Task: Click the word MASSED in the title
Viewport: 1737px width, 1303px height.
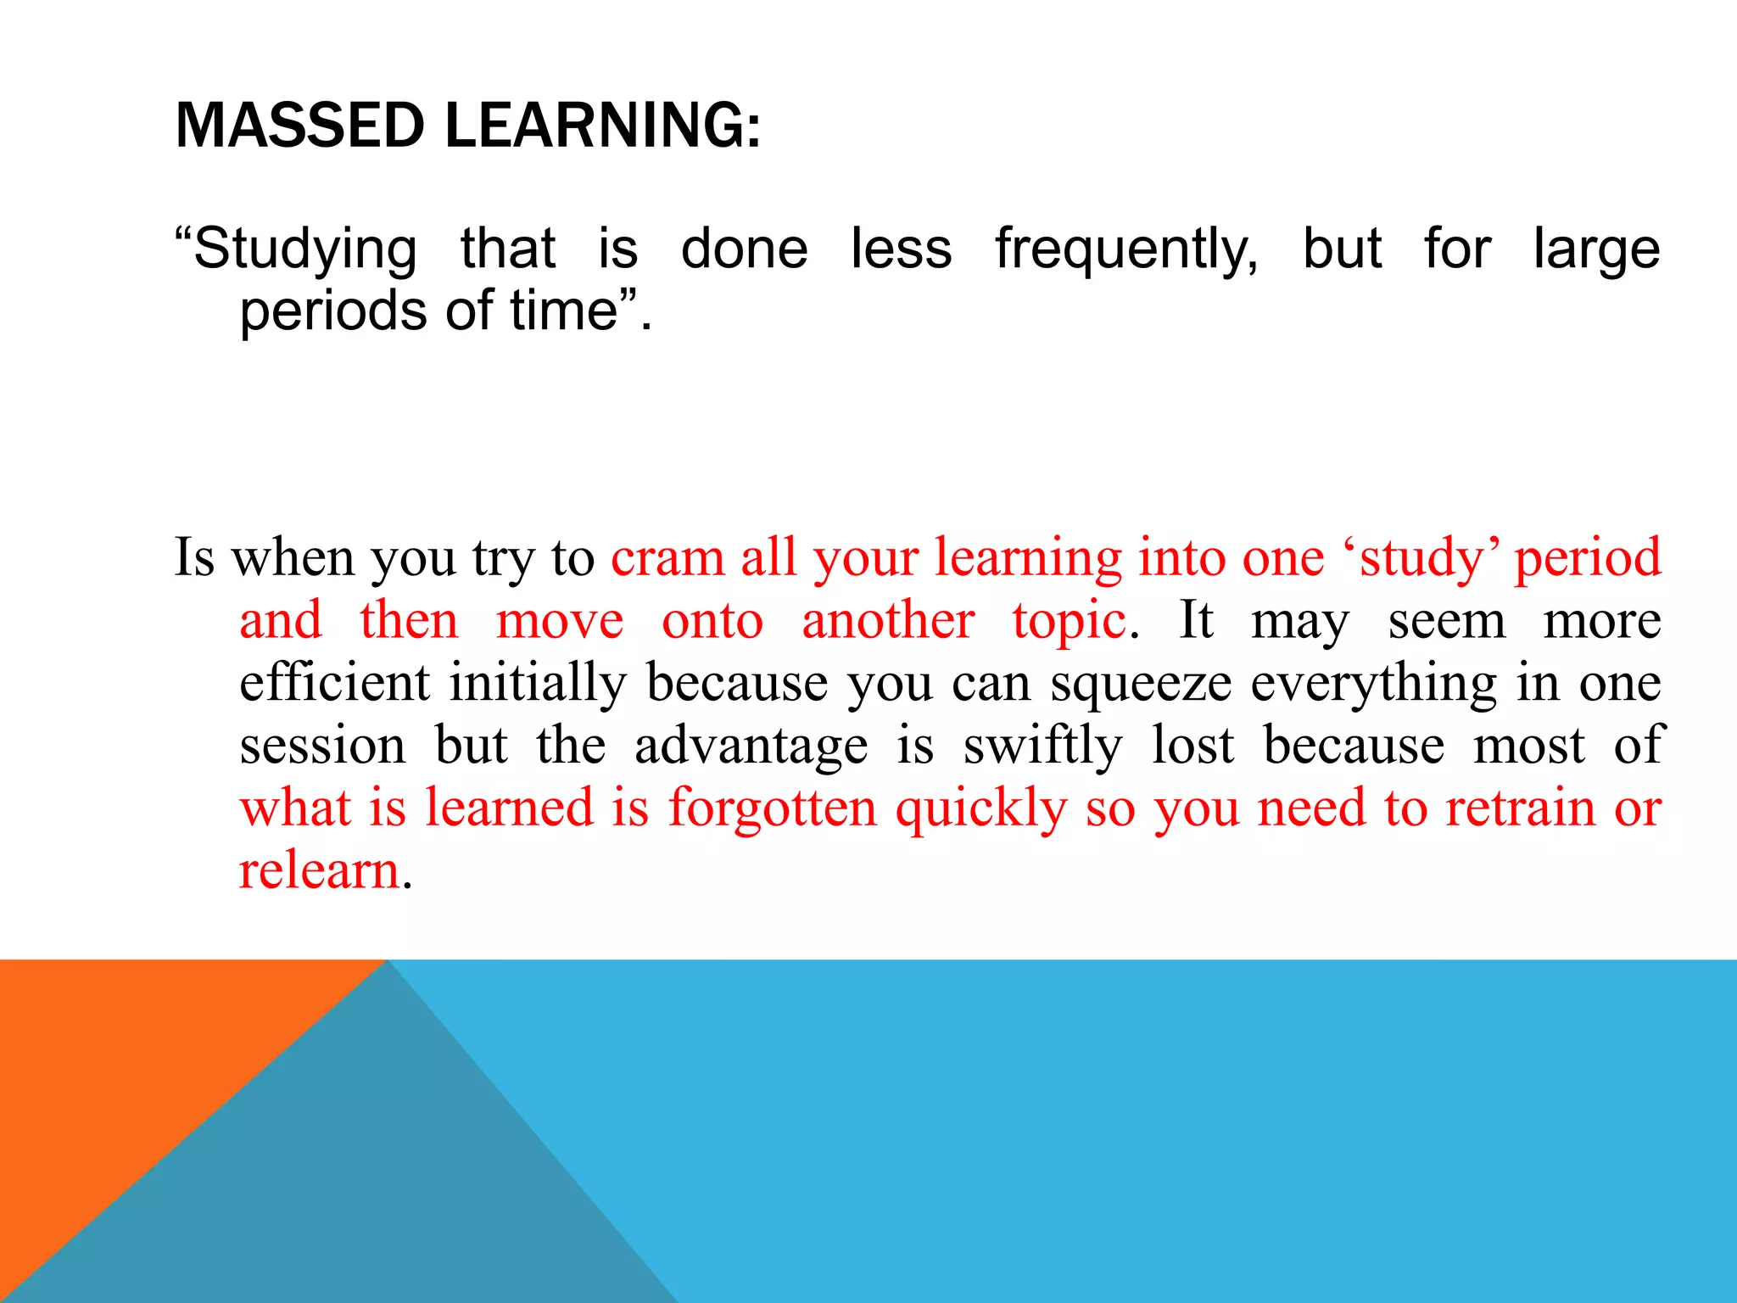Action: click(299, 126)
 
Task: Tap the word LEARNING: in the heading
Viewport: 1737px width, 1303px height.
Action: click(602, 126)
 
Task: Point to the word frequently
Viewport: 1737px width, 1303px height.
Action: click(1126, 250)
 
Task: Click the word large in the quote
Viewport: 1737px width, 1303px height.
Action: click(1596, 250)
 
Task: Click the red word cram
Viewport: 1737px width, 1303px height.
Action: click(667, 558)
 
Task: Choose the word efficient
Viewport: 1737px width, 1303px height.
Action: click(334, 682)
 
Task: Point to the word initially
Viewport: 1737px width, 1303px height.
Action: click(538, 684)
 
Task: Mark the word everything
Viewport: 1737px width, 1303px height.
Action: click(1374, 684)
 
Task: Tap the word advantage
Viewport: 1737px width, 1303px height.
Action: click(751, 747)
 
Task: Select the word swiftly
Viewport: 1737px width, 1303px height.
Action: click(1042, 747)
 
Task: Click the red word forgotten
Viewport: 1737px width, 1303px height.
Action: click(772, 808)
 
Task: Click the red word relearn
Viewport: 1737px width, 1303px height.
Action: click(319, 870)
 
